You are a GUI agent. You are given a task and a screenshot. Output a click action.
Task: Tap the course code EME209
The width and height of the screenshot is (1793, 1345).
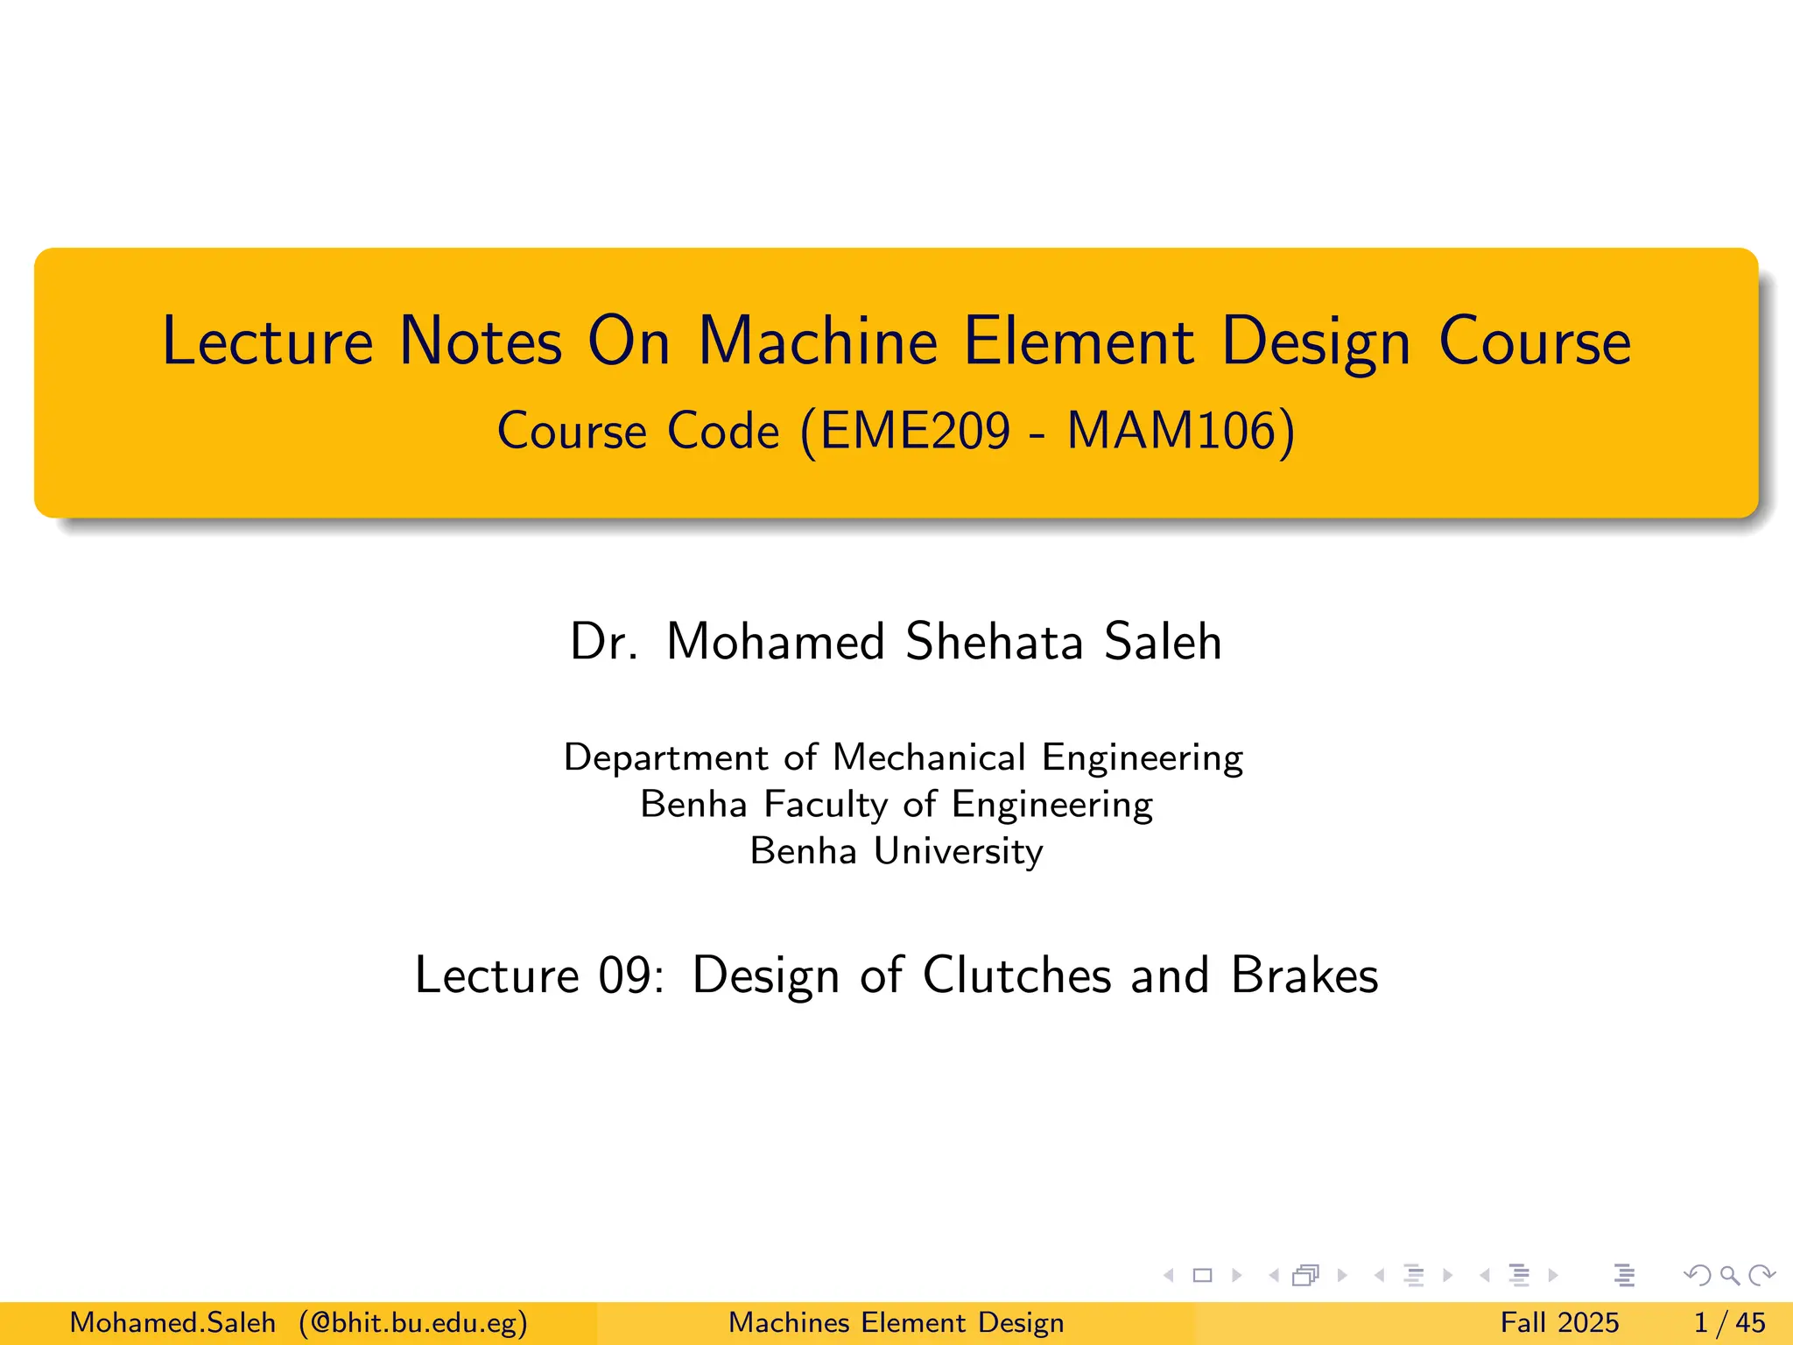point(916,431)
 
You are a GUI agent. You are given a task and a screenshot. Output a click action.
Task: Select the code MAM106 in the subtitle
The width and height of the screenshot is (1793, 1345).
point(1171,431)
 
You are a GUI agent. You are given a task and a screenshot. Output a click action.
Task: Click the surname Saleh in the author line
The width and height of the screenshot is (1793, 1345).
point(1162,641)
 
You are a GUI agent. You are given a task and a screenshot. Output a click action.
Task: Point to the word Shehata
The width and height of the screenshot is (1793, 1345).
point(995,641)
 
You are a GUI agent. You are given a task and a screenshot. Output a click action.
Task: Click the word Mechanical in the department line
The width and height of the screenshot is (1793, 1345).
point(929,757)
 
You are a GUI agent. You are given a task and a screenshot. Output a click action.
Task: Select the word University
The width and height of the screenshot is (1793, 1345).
point(959,851)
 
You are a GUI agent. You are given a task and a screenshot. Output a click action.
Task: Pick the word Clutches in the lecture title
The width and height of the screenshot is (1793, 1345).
point(1016,975)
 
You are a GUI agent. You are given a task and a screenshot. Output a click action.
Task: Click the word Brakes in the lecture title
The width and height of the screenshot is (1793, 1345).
point(1304,975)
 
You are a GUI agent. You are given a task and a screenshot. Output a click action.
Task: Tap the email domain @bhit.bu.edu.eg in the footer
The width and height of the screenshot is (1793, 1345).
point(413,1322)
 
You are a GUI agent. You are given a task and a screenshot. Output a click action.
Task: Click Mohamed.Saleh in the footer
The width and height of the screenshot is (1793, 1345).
point(172,1322)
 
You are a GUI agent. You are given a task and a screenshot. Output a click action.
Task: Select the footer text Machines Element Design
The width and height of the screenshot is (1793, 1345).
point(896,1322)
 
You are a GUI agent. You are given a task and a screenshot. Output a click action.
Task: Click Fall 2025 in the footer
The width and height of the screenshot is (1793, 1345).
point(1559,1322)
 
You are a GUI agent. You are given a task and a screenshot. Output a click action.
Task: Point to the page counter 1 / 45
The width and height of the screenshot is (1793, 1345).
point(1729,1322)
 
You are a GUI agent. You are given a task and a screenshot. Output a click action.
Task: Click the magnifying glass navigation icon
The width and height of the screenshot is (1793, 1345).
point(1729,1276)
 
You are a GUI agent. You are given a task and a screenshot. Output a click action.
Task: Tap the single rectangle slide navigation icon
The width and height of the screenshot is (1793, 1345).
point(1203,1276)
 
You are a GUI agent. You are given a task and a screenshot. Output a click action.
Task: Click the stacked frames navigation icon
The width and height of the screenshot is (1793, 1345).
point(1305,1276)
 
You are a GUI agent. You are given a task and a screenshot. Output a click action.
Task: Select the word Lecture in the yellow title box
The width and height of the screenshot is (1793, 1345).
point(268,342)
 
